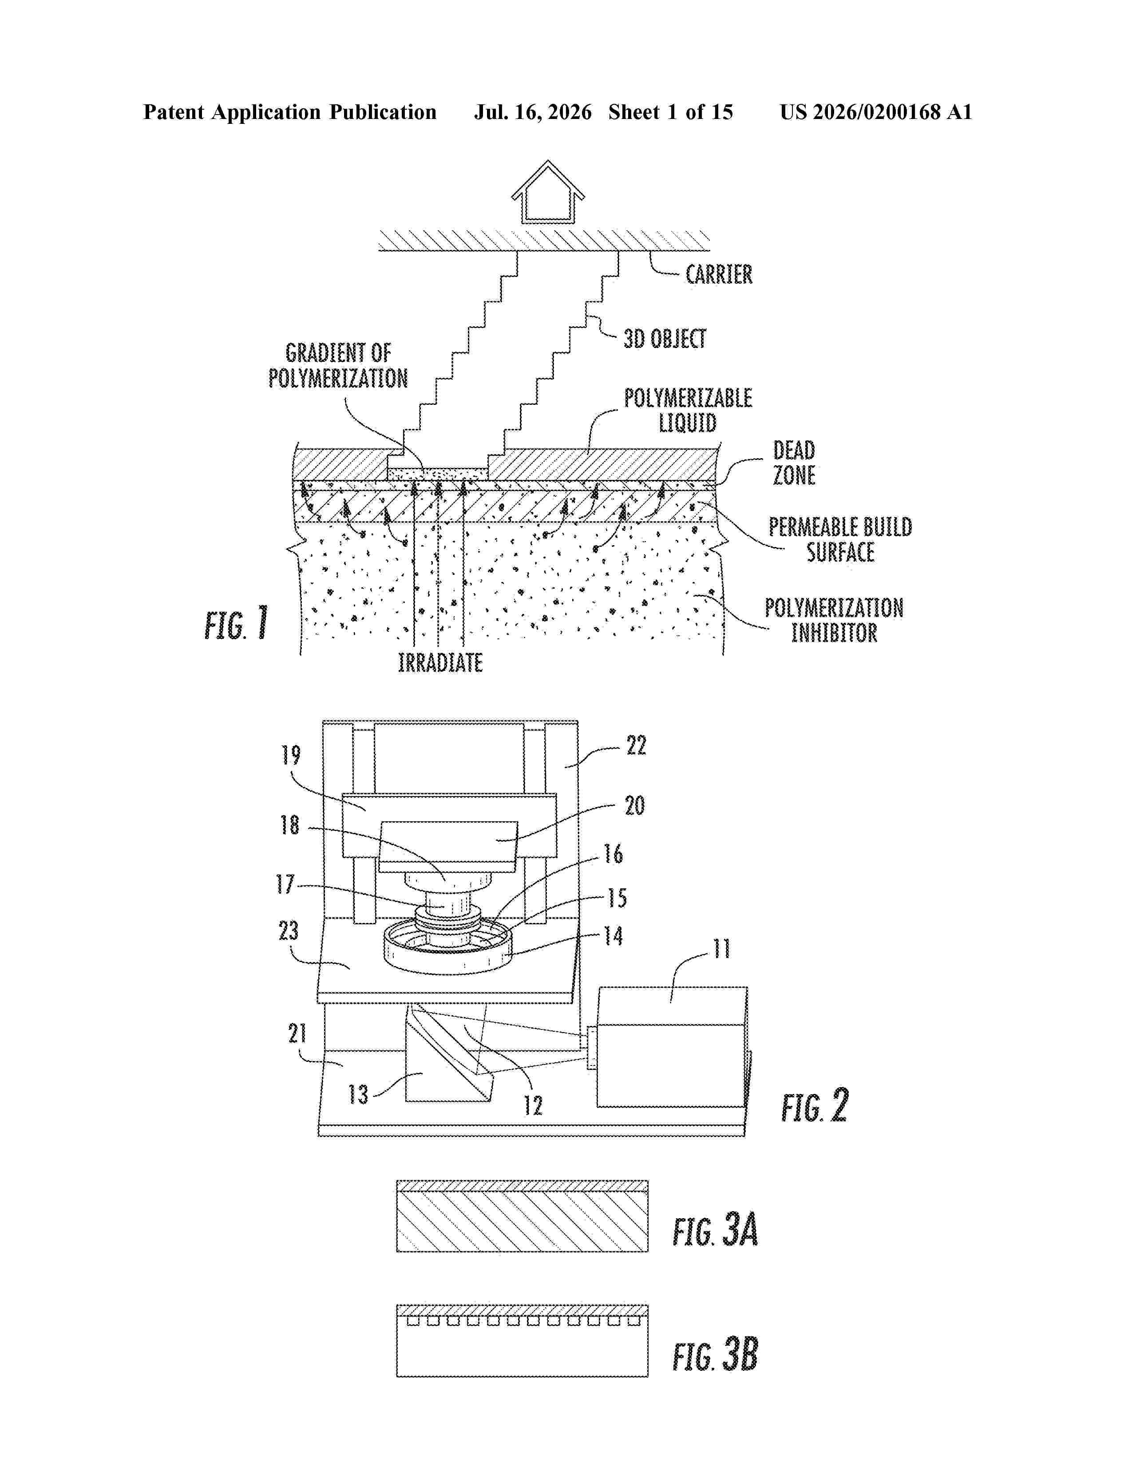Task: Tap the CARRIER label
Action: tap(719, 274)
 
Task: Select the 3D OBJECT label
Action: tap(665, 339)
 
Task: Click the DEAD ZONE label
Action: tap(794, 463)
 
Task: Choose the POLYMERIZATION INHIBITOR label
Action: tap(834, 621)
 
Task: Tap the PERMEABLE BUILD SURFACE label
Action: tap(840, 539)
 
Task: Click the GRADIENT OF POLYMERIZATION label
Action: tap(338, 365)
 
